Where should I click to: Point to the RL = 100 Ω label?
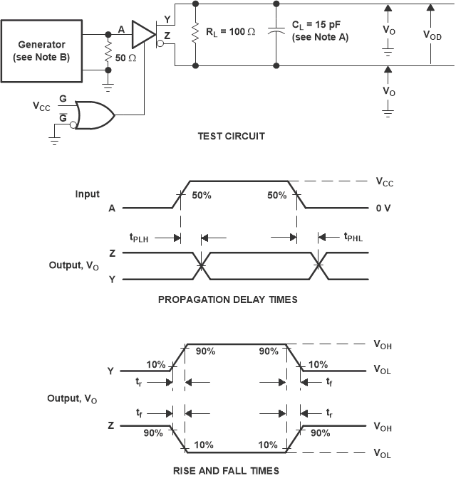click(x=229, y=31)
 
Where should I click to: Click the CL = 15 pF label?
click(x=320, y=32)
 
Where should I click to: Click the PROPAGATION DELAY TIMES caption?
click(x=227, y=299)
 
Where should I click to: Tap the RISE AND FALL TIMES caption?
click(x=227, y=470)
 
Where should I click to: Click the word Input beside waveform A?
click(x=88, y=193)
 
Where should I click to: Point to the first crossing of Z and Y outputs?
click(x=202, y=265)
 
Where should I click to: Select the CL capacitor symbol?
click(x=274, y=33)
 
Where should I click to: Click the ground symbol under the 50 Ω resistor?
click(x=108, y=87)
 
